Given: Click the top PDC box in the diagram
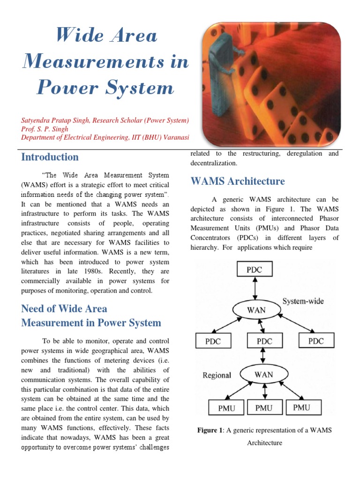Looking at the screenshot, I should (254, 270).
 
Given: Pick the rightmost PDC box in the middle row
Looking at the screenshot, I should (315, 340).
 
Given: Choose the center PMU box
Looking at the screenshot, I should (263, 408).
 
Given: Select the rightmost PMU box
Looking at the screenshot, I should (307, 407).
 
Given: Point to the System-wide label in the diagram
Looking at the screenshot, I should (303, 301).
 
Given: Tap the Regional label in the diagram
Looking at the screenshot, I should (217, 375).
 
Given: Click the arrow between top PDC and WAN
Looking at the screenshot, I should (255, 289).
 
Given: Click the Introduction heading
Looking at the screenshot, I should (50, 157).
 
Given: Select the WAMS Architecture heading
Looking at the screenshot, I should (238, 181).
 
